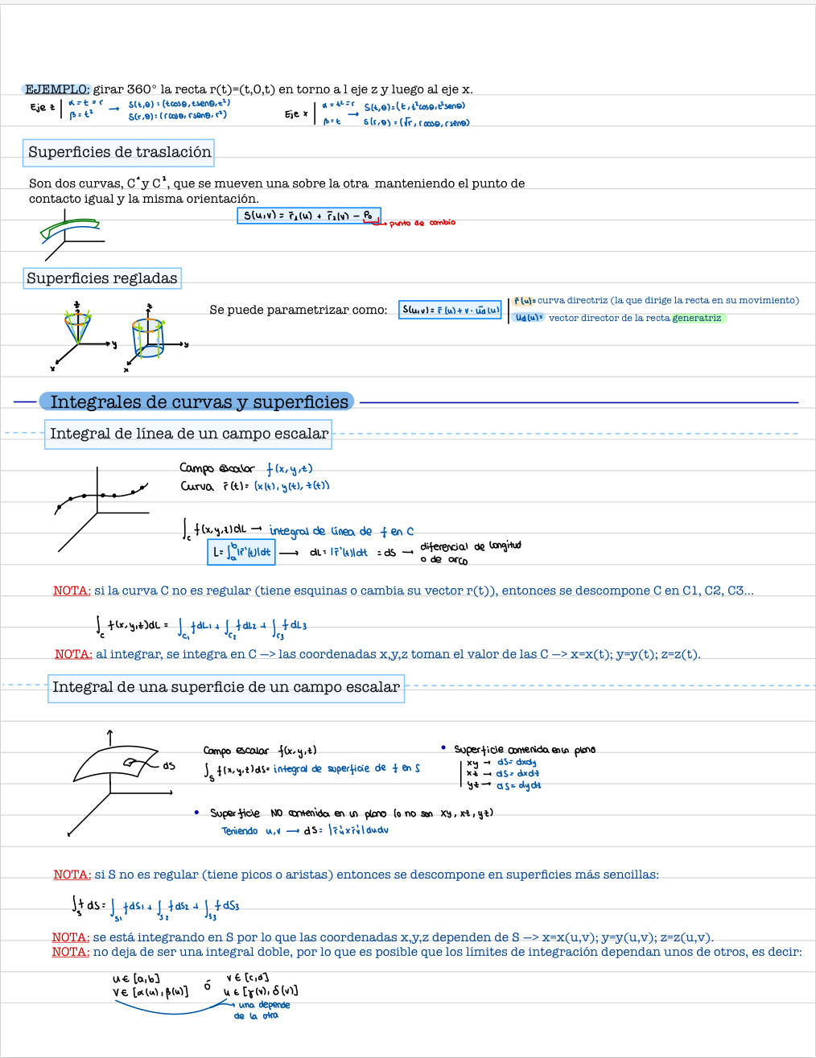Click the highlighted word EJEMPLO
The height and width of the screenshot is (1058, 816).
56,89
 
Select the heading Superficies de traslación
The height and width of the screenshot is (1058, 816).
119,152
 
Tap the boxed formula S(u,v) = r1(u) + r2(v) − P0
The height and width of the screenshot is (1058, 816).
309,216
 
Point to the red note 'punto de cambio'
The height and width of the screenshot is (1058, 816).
422,223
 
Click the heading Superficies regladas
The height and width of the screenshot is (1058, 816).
101,278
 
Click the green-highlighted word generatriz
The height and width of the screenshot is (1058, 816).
697,318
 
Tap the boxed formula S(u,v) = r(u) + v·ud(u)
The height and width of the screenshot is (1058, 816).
451,310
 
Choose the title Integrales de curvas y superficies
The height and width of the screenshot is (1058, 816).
199,401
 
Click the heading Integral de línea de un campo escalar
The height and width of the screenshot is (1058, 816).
189,434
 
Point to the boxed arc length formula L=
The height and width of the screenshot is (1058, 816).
241,552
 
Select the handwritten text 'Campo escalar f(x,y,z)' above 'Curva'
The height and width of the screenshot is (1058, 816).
245,468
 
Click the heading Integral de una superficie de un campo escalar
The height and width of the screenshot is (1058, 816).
225,687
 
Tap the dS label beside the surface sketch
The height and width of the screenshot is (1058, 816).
168,765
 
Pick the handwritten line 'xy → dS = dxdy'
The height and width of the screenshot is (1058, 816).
501,762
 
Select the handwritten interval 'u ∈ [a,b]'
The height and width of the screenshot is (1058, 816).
136,979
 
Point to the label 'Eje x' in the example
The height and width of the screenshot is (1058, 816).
295,114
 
